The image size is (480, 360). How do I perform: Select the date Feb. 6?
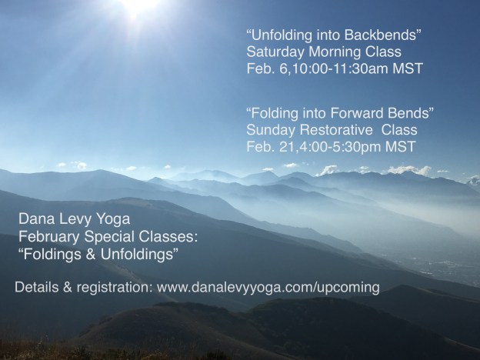click(264, 70)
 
